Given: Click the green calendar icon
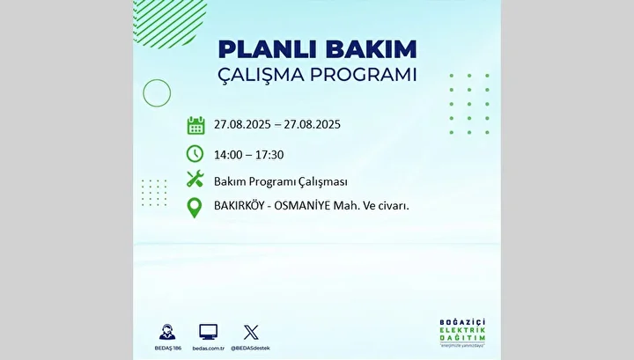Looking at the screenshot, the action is [195, 125].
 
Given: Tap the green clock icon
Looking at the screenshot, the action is [195, 154].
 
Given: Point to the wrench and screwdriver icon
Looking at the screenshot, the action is [195, 179].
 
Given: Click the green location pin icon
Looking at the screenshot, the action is [195, 208].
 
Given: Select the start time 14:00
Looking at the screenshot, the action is [228, 155].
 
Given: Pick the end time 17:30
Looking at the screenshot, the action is [269, 155].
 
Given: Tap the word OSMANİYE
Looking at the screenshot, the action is [302, 205].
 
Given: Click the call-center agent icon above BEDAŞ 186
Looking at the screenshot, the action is [167, 332].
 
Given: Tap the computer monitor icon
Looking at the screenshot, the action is [208, 332].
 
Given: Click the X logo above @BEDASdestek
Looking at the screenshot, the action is [251, 332].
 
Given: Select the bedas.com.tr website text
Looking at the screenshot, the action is [208, 349].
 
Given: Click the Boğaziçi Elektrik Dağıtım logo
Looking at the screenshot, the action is [462, 333].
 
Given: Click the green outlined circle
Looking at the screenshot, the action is [157, 79].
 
